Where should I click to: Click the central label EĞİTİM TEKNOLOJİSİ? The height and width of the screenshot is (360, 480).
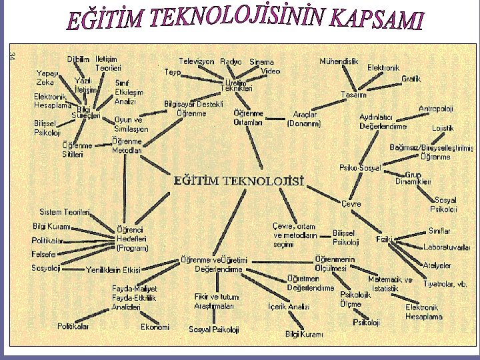click(x=239, y=180)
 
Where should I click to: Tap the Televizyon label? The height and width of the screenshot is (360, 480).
click(x=197, y=61)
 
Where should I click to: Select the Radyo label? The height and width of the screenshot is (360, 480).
click(x=231, y=61)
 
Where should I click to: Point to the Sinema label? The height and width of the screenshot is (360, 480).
click(x=261, y=61)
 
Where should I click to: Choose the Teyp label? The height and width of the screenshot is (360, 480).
click(x=172, y=71)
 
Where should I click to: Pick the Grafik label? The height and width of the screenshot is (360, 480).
click(x=411, y=79)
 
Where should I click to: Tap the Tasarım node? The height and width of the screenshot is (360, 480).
click(x=353, y=94)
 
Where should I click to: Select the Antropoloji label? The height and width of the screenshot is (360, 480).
click(x=436, y=109)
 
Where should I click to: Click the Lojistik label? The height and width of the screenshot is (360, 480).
click(x=443, y=127)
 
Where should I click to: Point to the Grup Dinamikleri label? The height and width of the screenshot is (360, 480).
click(x=413, y=178)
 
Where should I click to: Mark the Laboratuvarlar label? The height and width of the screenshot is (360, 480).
click(x=447, y=248)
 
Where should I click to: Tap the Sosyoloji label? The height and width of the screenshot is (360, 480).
click(x=46, y=268)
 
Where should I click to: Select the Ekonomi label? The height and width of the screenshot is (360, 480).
click(x=155, y=327)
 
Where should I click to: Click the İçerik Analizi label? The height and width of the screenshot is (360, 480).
click(x=289, y=307)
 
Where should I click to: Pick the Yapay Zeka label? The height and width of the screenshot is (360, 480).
click(x=47, y=78)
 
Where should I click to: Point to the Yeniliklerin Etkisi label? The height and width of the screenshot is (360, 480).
click(x=113, y=270)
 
